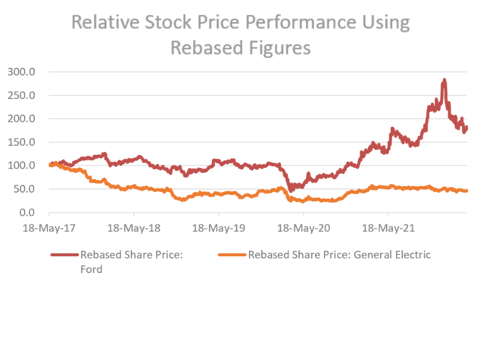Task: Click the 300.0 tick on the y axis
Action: point(22,72)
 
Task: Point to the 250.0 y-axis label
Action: point(22,95)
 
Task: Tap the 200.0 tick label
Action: point(22,119)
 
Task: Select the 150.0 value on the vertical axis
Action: point(22,142)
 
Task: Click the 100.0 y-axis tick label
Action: point(22,166)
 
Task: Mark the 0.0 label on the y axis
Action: point(27,212)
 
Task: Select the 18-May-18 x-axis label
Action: point(134,229)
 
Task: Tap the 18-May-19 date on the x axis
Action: point(218,229)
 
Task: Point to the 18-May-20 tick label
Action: point(304,229)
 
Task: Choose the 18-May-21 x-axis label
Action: point(389,229)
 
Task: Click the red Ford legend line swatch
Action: point(64,255)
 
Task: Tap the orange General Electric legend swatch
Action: point(231,255)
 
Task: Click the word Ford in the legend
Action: point(91,269)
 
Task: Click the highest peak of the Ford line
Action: point(444,80)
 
